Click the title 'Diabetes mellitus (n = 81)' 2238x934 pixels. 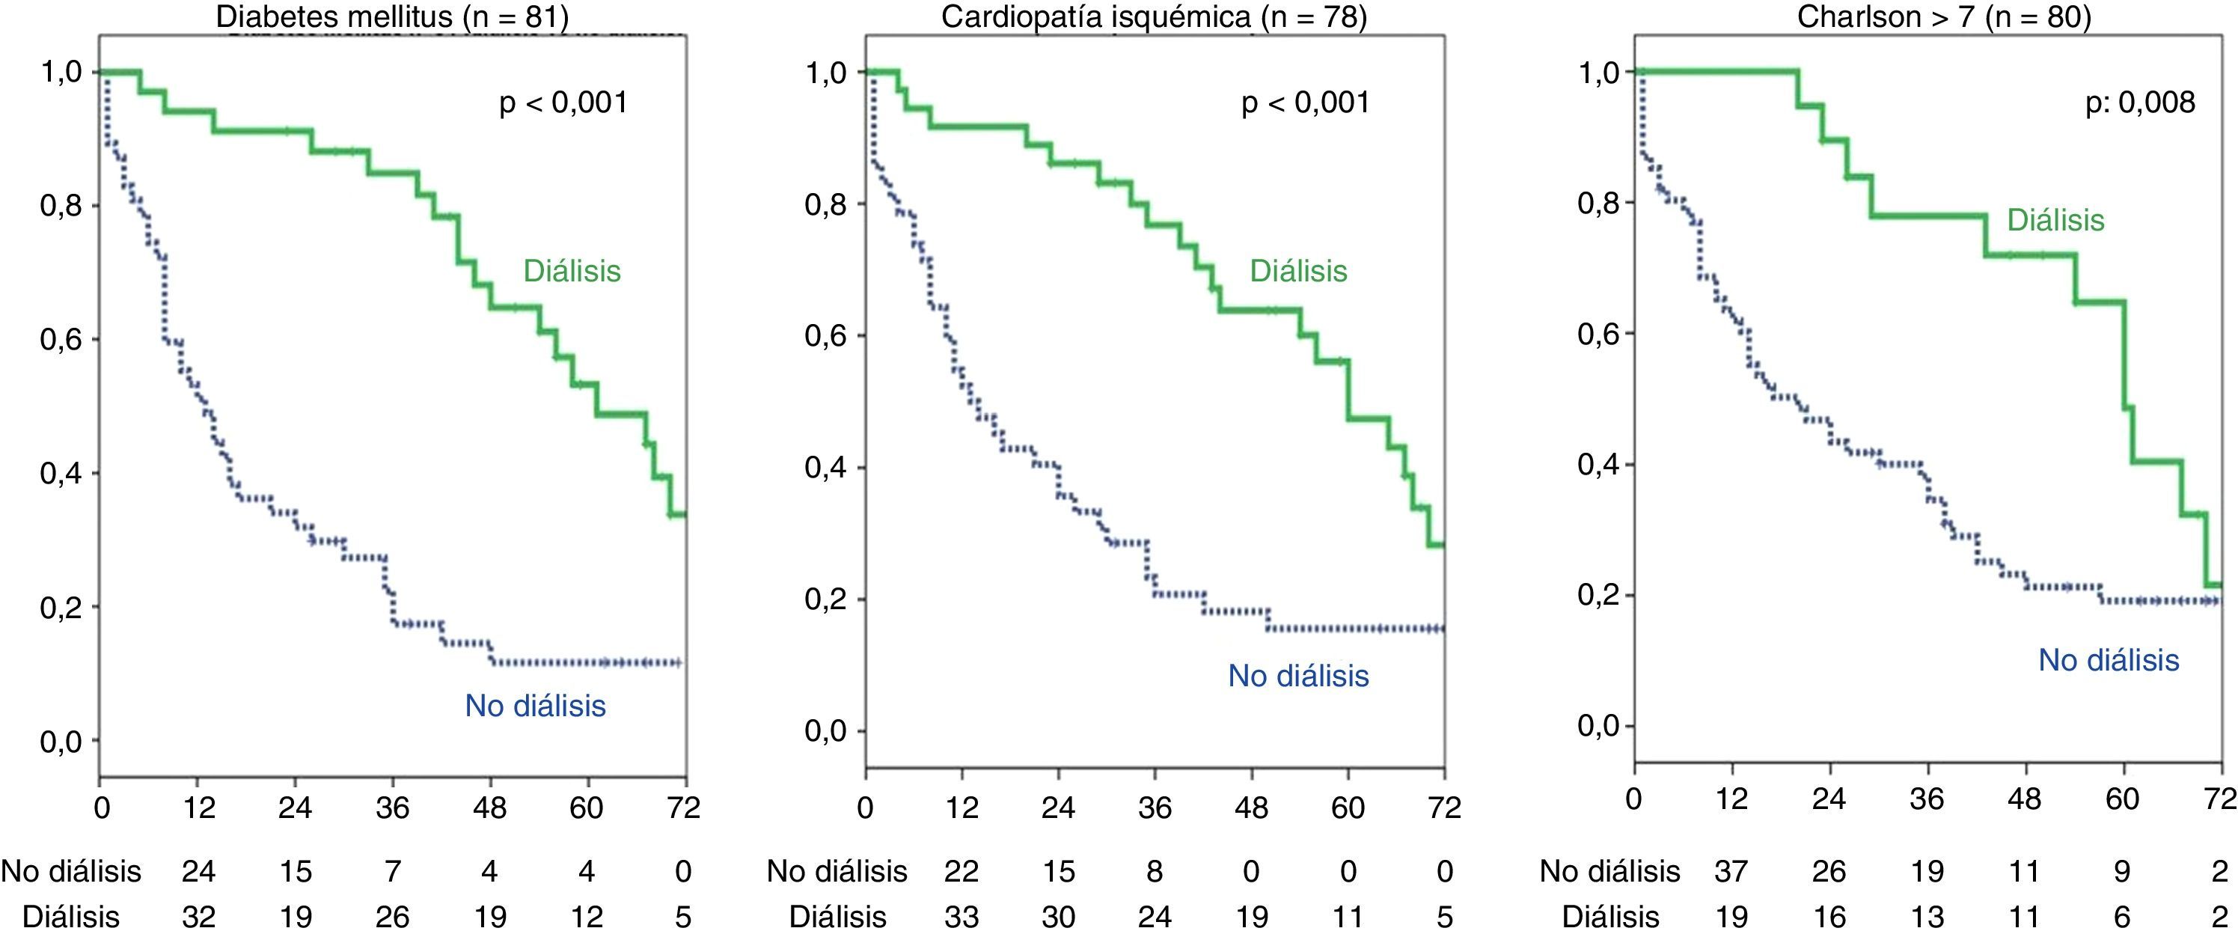[392, 16]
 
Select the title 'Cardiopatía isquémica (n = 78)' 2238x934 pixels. [1154, 16]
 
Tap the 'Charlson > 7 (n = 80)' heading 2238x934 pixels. [1943, 16]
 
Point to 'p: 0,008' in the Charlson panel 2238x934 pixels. [2140, 103]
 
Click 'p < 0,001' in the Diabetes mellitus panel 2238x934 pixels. [563, 103]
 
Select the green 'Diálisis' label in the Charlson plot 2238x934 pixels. [2055, 220]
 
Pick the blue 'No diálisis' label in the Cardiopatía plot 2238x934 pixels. [1298, 675]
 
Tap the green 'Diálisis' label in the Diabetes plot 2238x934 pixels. [572, 270]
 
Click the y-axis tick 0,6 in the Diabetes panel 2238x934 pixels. [61, 339]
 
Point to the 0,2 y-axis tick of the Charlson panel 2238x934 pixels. [1598, 594]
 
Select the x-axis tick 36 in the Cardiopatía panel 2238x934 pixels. [1155, 808]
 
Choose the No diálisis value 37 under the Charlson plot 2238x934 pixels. [1731, 870]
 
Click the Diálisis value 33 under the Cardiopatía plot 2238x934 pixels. [961, 916]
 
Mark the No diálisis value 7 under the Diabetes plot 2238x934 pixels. [393, 870]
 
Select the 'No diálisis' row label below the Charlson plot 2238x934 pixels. [1609, 870]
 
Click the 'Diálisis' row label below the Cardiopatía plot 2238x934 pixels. [837, 916]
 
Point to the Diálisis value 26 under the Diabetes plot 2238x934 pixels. [393, 916]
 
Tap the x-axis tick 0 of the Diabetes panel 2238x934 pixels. [102, 808]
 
